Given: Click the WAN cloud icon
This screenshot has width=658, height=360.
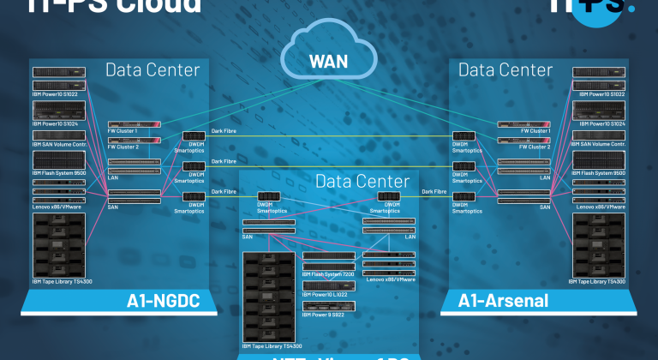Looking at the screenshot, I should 328,61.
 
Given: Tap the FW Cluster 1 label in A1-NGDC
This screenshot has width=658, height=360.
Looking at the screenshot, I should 123,131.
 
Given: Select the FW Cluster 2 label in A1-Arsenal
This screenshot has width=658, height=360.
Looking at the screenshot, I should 535,147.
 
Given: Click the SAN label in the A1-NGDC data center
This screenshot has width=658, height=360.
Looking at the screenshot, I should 114,206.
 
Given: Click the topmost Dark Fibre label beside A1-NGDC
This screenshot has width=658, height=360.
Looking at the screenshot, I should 224,131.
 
